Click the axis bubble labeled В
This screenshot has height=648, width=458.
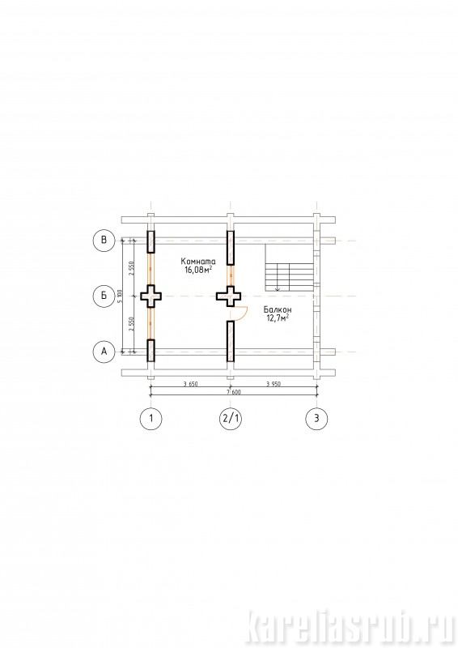[104, 240]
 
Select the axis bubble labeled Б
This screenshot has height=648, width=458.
[104, 296]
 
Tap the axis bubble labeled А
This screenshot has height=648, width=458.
[104, 352]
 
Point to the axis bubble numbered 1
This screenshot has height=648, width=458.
[151, 418]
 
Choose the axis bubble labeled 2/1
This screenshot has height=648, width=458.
[231, 418]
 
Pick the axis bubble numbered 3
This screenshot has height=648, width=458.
[316, 418]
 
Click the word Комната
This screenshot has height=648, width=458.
[198, 262]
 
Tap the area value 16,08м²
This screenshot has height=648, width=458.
[198, 271]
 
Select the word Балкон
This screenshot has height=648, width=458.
[278, 309]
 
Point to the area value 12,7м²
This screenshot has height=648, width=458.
[278, 318]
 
